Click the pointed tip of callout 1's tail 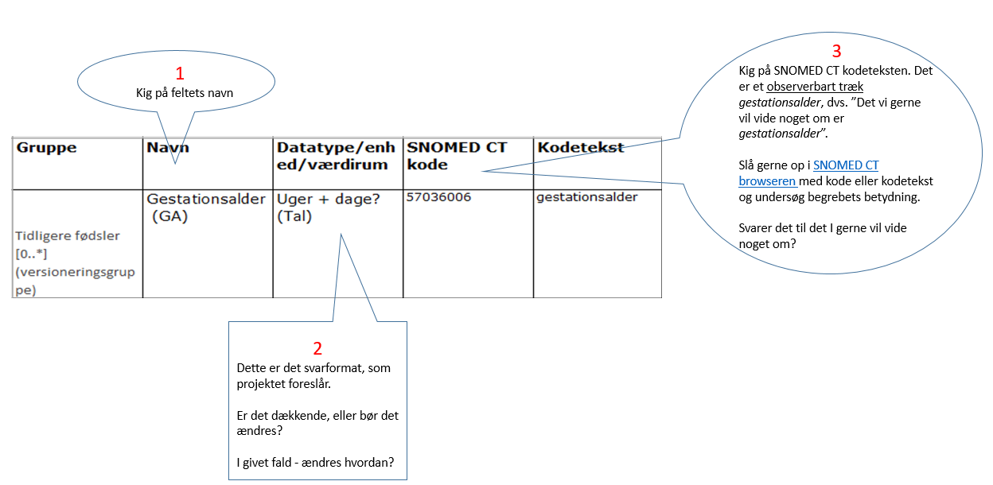[x=176, y=164]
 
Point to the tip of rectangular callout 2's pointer [x=341, y=234]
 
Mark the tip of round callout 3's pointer [x=482, y=171]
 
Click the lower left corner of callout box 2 [x=228, y=479]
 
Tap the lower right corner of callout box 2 [x=407, y=479]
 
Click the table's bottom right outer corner [x=661, y=297]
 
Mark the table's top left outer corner [x=13, y=138]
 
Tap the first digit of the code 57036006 [x=410, y=197]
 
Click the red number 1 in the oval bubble [x=180, y=73]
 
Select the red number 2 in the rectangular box [x=317, y=348]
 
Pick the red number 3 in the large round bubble [x=836, y=52]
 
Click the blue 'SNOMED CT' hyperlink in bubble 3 [x=846, y=165]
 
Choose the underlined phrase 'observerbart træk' [x=815, y=87]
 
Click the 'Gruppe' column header [x=46, y=148]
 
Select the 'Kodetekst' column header [x=581, y=147]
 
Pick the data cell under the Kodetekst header [x=598, y=243]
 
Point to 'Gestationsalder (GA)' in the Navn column [x=206, y=208]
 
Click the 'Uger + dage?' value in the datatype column [x=329, y=200]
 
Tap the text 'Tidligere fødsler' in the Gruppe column [x=68, y=235]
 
